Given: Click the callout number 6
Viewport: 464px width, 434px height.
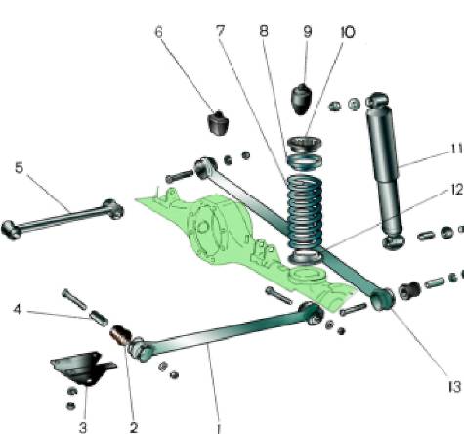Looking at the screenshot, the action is (x=159, y=32).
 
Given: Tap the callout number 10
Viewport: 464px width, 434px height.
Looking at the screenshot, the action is (x=348, y=32).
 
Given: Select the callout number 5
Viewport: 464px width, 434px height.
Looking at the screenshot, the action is (x=20, y=168).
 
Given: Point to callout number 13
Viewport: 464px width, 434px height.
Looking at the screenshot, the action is (x=454, y=387).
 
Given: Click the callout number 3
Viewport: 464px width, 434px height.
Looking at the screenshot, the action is (x=83, y=427).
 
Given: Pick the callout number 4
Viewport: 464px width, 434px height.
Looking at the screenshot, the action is (x=18, y=309).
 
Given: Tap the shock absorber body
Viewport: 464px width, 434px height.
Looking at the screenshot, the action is (x=384, y=169).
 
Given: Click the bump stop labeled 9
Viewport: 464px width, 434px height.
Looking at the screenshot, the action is (x=301, y=99).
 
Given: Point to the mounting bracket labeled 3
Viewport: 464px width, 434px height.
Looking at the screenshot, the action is (x=83, y=369).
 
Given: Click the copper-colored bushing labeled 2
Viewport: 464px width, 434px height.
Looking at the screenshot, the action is (x=120, y=335).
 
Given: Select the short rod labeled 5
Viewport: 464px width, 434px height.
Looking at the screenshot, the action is (x=62, y=218).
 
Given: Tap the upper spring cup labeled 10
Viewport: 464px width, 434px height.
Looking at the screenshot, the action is (x=305, y=144).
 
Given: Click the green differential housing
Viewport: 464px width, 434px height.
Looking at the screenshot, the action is (x=217, y=228).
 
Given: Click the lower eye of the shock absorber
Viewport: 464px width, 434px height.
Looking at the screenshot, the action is (x=393, y=241).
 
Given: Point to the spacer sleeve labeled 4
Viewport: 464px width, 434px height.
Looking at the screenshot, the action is (x=99, y=318).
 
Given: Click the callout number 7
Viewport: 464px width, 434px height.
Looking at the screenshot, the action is (x=221, y=32).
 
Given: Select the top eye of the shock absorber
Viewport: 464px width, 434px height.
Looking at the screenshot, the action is (x=377, y=100).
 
